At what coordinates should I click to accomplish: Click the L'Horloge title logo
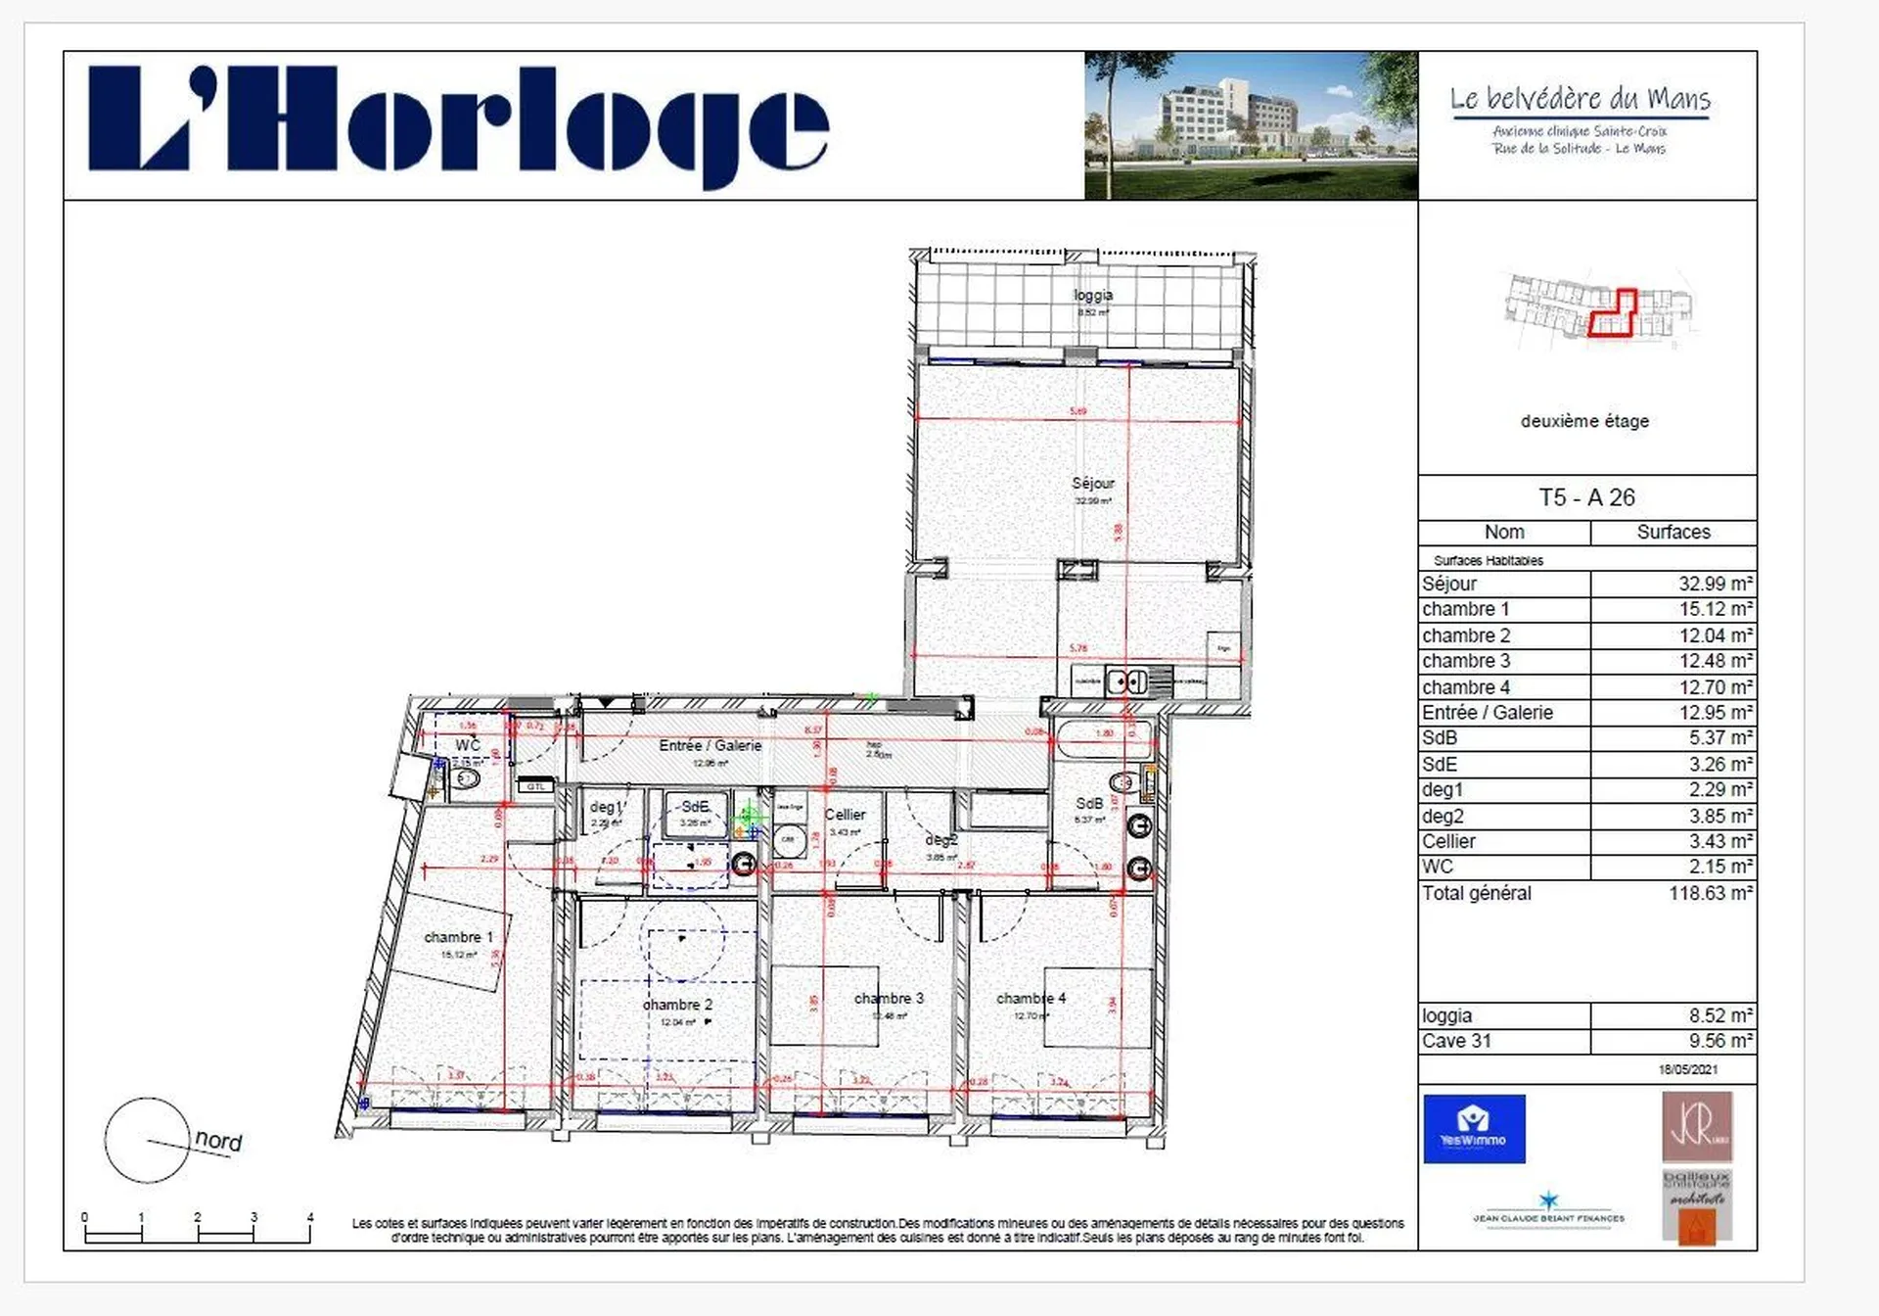coord(458,126)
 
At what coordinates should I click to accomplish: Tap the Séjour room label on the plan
coord(1092,484)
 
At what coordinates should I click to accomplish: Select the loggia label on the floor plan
coord(1092,296)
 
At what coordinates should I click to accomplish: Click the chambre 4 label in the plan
coord(1031,999)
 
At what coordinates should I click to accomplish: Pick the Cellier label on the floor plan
coord(845,815)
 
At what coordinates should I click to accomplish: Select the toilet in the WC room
coord(467,779)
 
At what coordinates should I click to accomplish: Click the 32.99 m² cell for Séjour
coord(1715,584)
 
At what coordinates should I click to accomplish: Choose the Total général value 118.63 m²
coord(1710,893)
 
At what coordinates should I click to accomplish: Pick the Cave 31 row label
coord(1456,1041)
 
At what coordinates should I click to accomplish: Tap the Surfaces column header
coord(1673,532)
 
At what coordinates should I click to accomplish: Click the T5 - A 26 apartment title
coord(1586,497)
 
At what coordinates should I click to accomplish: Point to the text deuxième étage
coord(1584,421)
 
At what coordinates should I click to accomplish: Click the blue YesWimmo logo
coord(1474,1128)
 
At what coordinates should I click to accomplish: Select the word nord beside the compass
coord(218,1141)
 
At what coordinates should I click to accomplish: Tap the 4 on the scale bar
coord(310,1218)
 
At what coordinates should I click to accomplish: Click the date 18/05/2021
coord(1687,1069)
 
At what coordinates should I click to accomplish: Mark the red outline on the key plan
coord(1612,315)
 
